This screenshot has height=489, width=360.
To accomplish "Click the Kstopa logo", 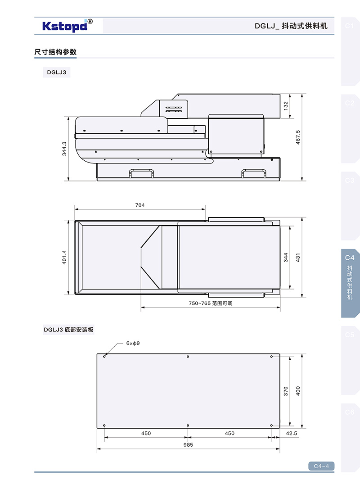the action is tap(67, 26).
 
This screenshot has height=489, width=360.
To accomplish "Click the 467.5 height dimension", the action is tap(298, 137).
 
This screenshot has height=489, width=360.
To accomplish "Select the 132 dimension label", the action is tap(286, 106).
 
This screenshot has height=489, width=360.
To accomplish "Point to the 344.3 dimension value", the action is tap(64, 149).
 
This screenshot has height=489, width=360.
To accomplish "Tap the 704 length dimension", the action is tap(140, 205).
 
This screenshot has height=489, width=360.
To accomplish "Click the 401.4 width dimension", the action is tap(64, 257).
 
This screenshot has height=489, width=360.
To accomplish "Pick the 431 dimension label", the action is tap(298, 258).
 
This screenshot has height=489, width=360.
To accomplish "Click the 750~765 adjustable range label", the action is tap(211, 303).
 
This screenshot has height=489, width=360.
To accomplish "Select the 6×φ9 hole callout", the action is tap(133, 344).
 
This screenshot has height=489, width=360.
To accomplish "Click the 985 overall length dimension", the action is tap(188, 445).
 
